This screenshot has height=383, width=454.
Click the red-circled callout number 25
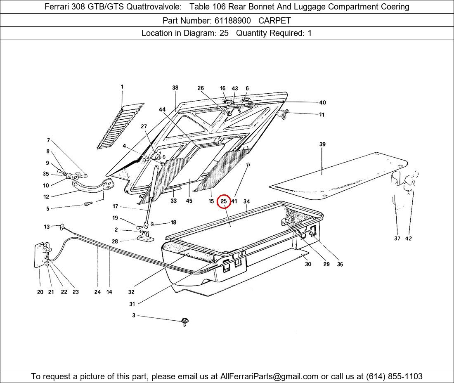[x=224, y=201]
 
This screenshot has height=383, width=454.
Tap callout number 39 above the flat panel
[x=322, y=144]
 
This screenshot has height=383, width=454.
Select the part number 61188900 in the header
[x=232, y=21]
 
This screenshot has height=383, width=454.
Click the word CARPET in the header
[x=274, y=21]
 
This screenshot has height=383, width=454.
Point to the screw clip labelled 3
[x=185, y=322]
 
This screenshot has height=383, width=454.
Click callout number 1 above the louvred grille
[x=122, y=87]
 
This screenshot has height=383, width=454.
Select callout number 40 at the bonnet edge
[x=323, y=102]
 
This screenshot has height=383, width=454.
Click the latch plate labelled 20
[x=42, y=255]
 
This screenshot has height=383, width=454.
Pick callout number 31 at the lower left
[x=132, y=304]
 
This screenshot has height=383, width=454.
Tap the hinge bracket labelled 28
[x=145, y=236]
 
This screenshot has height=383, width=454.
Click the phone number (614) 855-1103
[x=394, y=376]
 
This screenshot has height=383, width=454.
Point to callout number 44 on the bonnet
[x=162, y=109]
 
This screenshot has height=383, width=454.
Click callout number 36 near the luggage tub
[x=340, y=264]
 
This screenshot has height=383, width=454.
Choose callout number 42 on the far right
[x=408, y=238]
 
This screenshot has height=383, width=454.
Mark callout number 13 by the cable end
[x=47, y=227]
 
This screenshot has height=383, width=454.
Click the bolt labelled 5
[x=88, y=204]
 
